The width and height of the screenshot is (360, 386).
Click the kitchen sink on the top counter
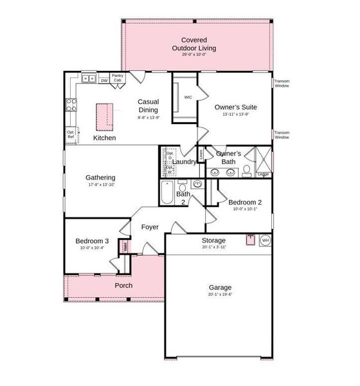[89, 80]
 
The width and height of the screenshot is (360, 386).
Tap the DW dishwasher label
[104, 80]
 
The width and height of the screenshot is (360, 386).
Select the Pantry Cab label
[118, 78]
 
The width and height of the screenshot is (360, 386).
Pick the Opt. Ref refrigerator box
[71, 135]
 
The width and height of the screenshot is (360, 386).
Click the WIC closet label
[188, 97]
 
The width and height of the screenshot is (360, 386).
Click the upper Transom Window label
[282, 83]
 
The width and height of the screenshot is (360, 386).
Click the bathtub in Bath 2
[166, 192]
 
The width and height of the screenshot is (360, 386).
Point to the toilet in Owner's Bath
[247, 170]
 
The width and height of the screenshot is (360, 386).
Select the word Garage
[220, 288]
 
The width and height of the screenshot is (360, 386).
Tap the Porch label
[123, 285]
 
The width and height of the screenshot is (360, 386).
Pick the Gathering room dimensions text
[102, 185]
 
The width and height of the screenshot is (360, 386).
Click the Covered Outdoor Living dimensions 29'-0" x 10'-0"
[198, 55]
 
